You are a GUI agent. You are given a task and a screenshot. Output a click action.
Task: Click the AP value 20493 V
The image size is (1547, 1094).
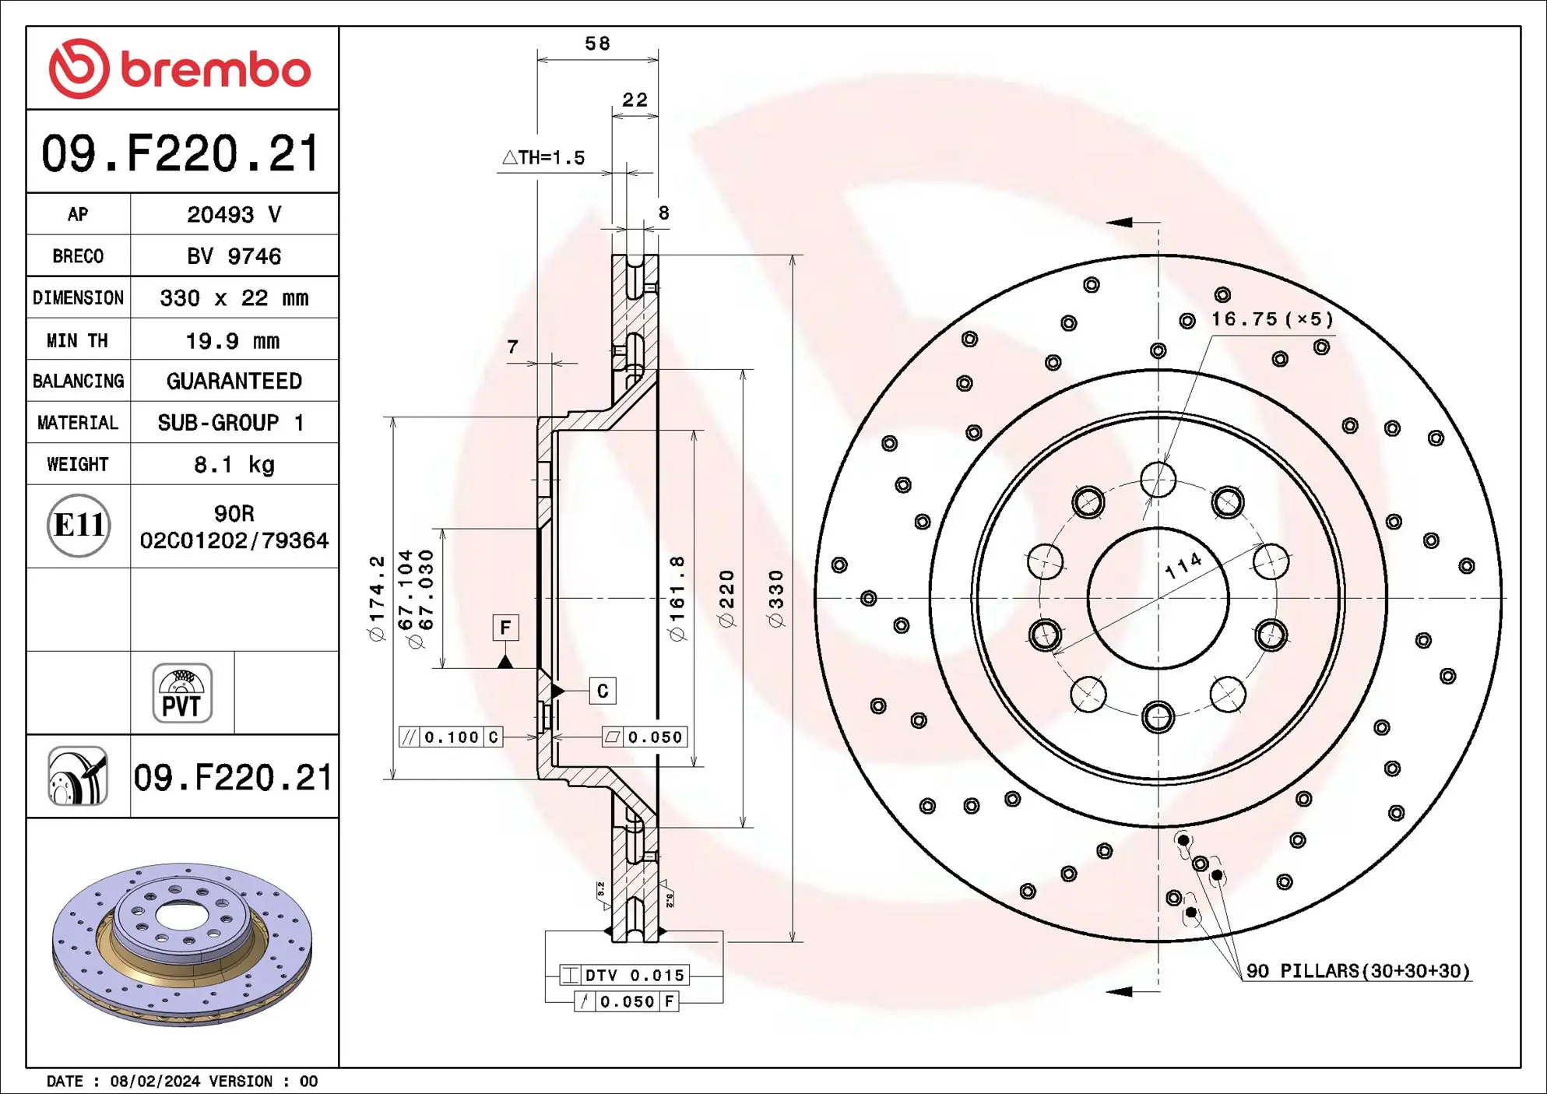[234, 214]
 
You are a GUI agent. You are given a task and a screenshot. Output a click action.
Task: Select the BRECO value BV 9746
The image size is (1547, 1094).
[234, 256]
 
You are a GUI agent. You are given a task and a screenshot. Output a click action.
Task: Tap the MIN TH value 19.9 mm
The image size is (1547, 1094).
[232, 340]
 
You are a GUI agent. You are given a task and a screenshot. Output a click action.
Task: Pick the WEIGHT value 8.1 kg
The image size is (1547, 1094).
[234, 465]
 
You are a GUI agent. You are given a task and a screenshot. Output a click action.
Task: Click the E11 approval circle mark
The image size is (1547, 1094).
[79, 526]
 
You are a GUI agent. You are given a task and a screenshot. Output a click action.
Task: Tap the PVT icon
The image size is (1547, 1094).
[182, 693]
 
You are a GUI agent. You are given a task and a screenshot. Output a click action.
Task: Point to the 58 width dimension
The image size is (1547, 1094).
[597, 44]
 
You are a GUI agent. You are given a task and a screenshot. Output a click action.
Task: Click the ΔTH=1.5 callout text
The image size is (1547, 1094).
[543, 158]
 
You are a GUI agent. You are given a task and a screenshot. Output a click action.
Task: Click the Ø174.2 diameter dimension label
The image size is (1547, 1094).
[377, 598]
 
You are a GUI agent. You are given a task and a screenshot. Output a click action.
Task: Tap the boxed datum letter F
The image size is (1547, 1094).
[505, 628]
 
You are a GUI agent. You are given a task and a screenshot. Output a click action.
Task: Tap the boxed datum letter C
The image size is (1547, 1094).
[603, 691]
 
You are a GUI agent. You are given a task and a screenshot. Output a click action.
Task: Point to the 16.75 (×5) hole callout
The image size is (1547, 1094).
[1271, 319]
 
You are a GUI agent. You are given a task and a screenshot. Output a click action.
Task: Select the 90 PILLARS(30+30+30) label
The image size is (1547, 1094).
[1358, 971]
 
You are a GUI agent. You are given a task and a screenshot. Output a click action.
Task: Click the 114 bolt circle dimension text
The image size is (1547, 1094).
[1183, 566]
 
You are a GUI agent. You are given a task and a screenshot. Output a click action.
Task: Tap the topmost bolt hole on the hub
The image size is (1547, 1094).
[1158, 479]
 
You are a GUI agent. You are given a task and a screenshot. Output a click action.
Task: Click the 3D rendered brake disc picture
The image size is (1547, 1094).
[182, 943]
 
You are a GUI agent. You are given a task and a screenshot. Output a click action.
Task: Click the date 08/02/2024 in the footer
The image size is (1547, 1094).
[155, 1081]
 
